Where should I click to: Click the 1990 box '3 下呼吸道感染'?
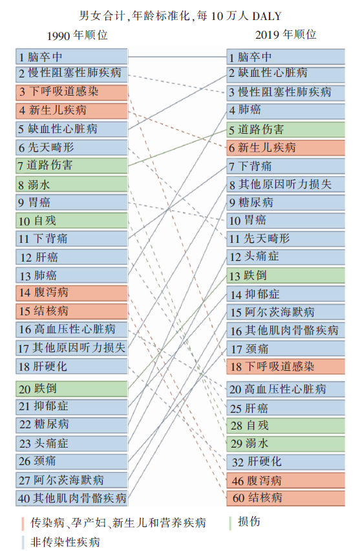(x=72, y=92)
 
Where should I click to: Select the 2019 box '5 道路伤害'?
(x=286, y=129)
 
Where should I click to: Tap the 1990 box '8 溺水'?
(x=72, y=184)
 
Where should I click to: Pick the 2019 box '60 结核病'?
(x=286, y=498)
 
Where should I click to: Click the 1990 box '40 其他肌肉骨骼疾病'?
(x=72, y=498)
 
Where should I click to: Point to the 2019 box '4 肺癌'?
(x=286, y=110)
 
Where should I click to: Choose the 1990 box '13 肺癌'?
(x=72, y=275)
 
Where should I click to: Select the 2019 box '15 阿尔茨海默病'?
(x=286, y=312)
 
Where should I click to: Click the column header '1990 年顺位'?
(x=78, y=35)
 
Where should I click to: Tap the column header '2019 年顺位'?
(x=286, y=34)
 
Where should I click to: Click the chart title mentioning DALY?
(x=180, y=16)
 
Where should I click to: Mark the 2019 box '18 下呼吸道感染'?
(x=286, y=366)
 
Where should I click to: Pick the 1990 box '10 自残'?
(x=72, y=220)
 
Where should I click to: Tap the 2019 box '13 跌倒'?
(x=286, y=275)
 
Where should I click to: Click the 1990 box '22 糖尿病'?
(x=72, y=425)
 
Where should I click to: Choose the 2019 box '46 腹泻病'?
(x=286, y=480)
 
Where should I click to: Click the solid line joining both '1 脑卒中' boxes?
(x=177, y=57)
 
